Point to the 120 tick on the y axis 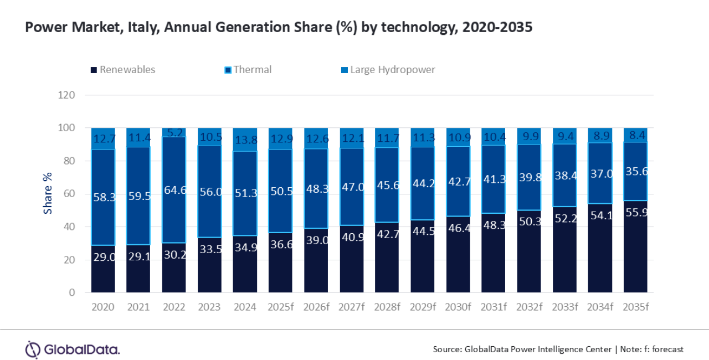(66, 95)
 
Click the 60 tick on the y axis (69, 194)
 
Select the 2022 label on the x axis (174, 307)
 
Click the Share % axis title (48, 192)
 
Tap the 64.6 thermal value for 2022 (174, 190)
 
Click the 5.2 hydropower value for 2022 (174, 133)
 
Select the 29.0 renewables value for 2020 (104, 257)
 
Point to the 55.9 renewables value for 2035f (635, 210)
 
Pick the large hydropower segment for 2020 (104, 138)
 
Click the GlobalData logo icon (33, 349)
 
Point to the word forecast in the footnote (667, 349)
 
